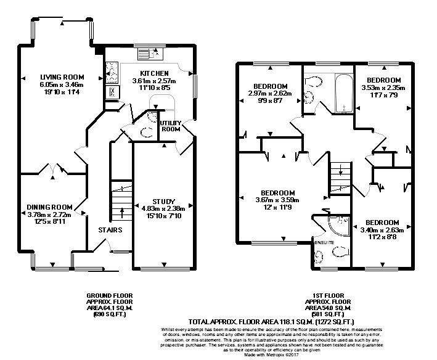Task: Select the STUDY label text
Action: (163, 201)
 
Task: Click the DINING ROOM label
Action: (49, 207)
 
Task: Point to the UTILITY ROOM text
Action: (171, 126)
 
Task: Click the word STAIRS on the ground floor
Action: (110, 230)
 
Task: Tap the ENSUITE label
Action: (324, 243)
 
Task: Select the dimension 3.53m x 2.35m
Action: (383, 88)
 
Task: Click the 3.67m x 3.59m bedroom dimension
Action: (277, 200)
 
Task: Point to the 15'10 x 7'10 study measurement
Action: (163, 215)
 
